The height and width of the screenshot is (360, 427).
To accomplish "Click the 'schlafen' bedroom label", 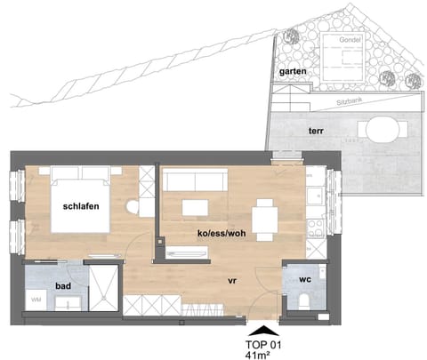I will click(79, 206).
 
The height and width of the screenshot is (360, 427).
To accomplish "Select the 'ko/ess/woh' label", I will click(221, 234).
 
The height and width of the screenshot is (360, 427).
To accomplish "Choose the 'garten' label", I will click(294, 70).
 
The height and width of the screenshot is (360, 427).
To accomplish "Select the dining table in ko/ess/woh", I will click(265, 216).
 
